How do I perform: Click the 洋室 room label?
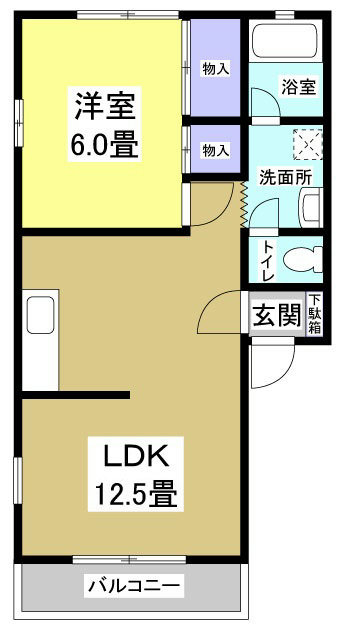click(103, 103)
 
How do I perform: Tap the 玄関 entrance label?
click(275, 316)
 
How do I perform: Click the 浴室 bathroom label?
click(298, 86)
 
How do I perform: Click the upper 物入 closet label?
click(215, 68)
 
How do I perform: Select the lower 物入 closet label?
click(215, 150)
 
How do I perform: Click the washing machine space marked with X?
click(305, 144)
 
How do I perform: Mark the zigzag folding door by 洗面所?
click(244, 204)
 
